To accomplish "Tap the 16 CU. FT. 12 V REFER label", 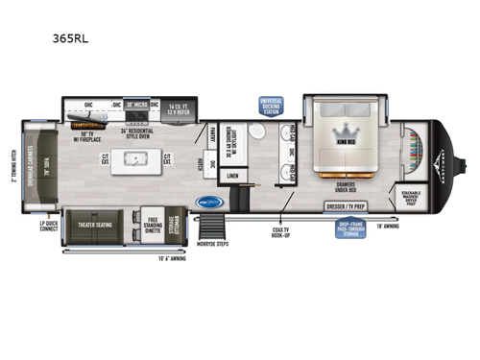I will tap(181, 108).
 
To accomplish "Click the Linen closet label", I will tap(233, 176).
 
